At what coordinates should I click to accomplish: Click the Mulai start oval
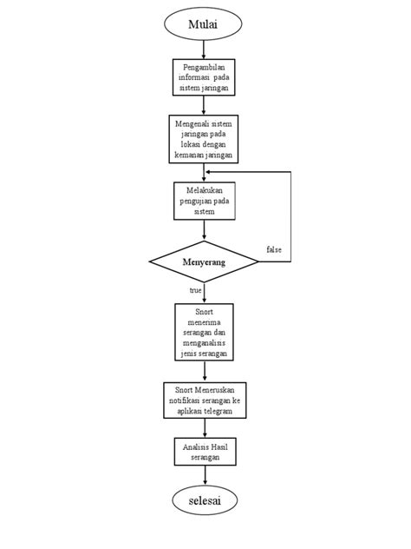coord(204,24)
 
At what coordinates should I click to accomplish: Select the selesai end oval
coord(205,501)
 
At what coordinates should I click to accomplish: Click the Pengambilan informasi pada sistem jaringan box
coord(204,76)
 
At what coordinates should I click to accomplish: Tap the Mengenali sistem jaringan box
coord(204,139)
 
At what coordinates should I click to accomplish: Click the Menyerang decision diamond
coord(205,261)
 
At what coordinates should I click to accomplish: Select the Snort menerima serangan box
coord(205,331)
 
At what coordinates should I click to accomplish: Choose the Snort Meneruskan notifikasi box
coord(205,400)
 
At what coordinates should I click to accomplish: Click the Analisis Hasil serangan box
coord(205,451)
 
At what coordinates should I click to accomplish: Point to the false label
coord(273,250)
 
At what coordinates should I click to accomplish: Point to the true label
coord(195,290)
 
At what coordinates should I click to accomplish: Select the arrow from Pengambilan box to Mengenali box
coord(204,104)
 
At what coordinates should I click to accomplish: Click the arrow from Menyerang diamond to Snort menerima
coord(205,292)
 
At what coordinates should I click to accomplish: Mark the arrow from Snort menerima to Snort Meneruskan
coord(205,371)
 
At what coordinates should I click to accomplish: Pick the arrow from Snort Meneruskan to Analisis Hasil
coord(205,429)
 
